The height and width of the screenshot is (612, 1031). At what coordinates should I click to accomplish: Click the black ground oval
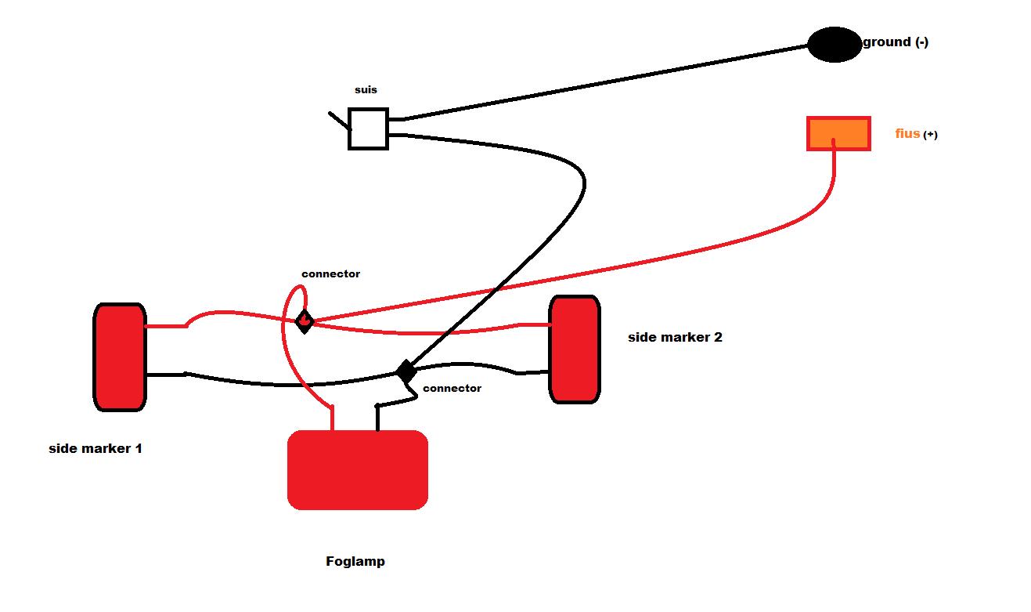[835, 44]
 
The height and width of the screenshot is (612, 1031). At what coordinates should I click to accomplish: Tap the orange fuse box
[838, 133]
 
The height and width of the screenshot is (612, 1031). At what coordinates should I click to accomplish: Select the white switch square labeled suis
[368, 129]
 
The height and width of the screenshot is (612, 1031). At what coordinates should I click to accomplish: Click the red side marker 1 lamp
[120, 357]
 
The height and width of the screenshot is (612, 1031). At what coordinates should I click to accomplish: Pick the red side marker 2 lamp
[575, 349]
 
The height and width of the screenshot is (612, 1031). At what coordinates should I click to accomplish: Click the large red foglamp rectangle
[358, 469]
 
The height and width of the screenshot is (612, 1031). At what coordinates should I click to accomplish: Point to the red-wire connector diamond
[305, 320]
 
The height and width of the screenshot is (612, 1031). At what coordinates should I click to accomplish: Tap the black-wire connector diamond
[406, 371]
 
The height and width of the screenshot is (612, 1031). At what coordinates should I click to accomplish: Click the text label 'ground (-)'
[896, 42]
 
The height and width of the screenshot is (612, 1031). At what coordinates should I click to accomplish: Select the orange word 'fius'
[907, 134]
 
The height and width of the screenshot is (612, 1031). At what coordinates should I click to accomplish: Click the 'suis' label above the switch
[366, 90]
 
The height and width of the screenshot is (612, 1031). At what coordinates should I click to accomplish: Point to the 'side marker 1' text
[96, 449]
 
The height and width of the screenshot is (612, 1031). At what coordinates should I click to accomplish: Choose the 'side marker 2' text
[675, 338]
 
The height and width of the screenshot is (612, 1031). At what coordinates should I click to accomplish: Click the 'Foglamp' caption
[355, 562]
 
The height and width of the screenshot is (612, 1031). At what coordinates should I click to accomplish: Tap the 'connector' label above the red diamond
[330, 274]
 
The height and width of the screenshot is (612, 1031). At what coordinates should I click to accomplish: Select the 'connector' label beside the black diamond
[452, 389]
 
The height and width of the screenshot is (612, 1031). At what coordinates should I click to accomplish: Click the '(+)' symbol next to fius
[930, 135]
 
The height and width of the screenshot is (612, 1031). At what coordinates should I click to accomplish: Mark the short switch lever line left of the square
[339, 120]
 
